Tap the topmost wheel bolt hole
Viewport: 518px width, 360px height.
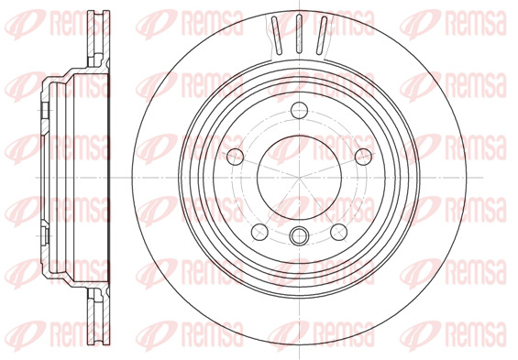tap(299, 110)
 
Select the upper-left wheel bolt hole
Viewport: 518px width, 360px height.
tap(236, 157)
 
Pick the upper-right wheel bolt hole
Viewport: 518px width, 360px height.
tap(363, 157)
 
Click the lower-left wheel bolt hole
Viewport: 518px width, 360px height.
tap(259, 232)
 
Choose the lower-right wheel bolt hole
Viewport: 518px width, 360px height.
tap(339, 232)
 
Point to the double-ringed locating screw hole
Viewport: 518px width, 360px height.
tap(299, 235)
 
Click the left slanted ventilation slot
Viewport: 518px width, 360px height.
tap(277, 36)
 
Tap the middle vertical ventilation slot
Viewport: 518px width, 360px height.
tap(299, 34)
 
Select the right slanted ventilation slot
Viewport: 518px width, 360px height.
tap(322, 36)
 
